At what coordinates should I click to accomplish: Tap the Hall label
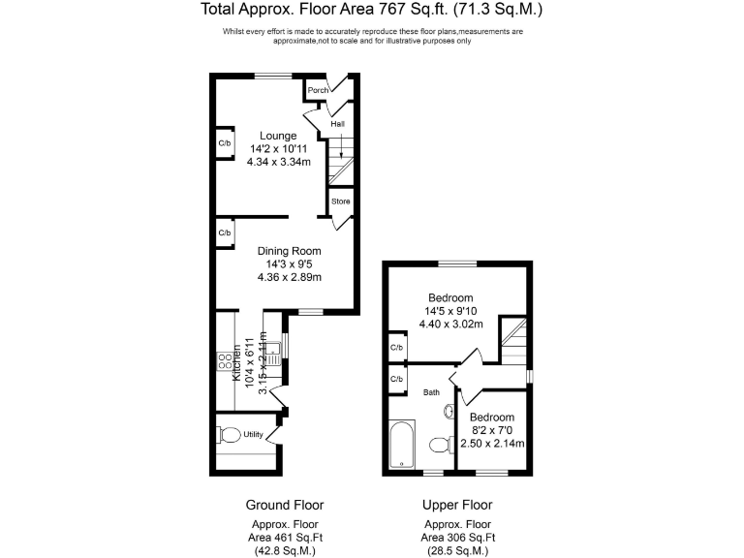point(337,124)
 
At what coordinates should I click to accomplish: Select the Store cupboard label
point(340,201)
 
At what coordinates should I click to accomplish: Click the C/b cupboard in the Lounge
point(225,143)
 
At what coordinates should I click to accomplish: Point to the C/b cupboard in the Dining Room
point(225,233)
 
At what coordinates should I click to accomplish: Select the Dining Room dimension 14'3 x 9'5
point(290,263)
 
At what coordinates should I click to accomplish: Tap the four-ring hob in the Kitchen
point(224,365)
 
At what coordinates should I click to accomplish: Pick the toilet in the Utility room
point(230,434)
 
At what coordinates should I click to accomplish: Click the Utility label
point(254,434)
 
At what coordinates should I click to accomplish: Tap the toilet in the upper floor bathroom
point(440,445)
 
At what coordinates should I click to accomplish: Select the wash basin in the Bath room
point(449,411)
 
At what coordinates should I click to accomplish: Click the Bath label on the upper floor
point(431,392)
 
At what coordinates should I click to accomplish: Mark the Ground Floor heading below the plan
point(285,505)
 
